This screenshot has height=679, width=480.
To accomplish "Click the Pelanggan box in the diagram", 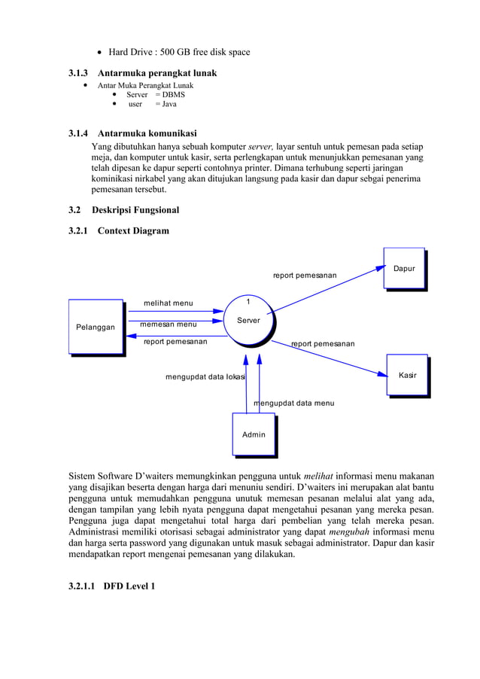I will coord(96,327).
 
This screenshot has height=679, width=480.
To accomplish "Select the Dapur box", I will coord(404,268).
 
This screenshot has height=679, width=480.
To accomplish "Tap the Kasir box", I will coord(407,374).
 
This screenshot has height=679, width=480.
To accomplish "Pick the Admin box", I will coord(254,434).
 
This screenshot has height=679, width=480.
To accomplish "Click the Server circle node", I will coord(248,321).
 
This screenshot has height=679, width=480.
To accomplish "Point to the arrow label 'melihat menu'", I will coord(168,303).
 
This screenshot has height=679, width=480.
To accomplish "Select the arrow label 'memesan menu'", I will coord(168,324).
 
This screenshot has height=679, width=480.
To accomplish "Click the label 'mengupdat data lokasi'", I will coord(205,376).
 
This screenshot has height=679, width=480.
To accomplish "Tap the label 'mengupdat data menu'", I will coord(294,403).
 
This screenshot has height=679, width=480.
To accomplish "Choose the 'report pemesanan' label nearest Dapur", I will coord(304,276).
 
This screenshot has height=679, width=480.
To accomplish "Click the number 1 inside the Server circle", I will coord(249,303).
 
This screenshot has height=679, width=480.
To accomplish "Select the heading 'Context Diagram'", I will coord(133,230).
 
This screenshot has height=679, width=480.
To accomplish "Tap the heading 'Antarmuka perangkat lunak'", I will coord(157,73).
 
